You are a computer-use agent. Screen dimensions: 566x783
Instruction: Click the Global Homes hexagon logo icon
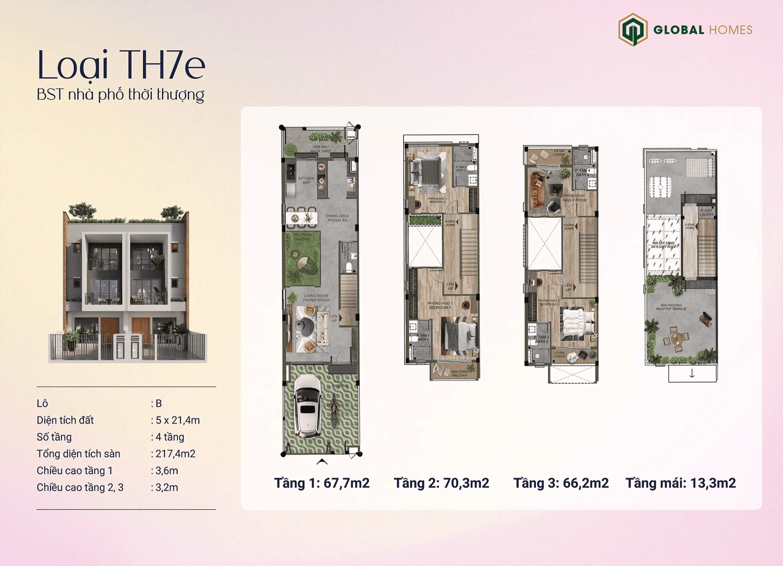click(x=633, y=30)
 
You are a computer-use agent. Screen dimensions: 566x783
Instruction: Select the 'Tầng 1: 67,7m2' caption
click(x=321, y=483)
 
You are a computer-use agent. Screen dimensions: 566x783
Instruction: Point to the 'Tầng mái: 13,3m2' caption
click(x=680, y=483)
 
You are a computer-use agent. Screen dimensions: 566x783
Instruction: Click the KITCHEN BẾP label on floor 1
click(x=306, y=180)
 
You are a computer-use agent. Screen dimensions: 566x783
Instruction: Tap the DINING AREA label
click(x=337, y=218)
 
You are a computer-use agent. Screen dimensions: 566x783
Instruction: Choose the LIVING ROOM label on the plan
click(x=316, y=298)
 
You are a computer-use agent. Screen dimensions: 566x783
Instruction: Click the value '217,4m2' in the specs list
click(x=175, y=454)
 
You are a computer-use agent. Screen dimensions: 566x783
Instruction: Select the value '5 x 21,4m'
click(x=178, y=420)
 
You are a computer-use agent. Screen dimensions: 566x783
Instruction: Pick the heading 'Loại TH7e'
click(x=121, y=65)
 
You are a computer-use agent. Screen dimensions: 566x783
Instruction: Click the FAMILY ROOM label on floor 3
click(x=574, y=198)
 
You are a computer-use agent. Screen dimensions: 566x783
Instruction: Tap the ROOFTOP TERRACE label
click(x=671, y=307)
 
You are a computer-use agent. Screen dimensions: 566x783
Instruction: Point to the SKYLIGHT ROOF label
click(x=663, y=245)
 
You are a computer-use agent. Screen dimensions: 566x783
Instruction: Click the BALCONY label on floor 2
click(x=460, y=374)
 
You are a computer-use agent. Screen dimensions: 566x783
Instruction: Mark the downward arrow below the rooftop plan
click(x=692, y=374)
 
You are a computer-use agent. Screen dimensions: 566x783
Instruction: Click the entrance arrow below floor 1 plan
click(x=322, y=462)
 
